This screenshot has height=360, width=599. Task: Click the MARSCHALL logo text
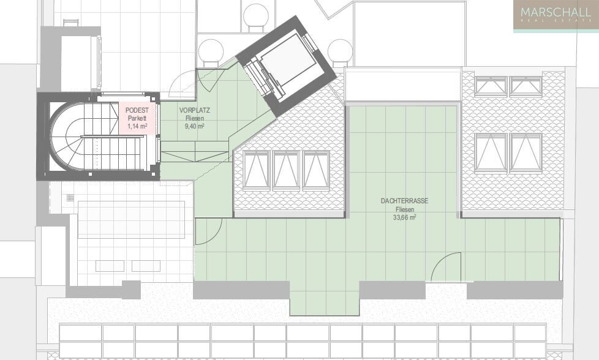tap(556, 12)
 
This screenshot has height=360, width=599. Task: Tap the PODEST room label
tap(137, 110)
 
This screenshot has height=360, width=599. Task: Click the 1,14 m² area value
tap(138, 126)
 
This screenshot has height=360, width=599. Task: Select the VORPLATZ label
tap(194, 110)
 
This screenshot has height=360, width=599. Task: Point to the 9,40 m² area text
tap(194, 126)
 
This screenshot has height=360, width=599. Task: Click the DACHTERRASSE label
tap(404, 201)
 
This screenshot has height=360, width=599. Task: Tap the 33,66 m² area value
tap(404, 217)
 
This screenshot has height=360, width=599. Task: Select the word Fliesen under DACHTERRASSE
tap(404, 209)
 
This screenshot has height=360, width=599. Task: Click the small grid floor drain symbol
tap(70, 197)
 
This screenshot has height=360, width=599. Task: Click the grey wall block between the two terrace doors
tap(393, 290)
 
